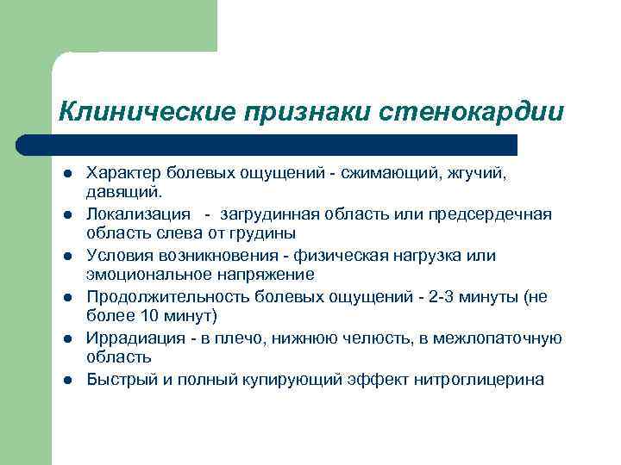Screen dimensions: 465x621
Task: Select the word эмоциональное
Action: point(144,274)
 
